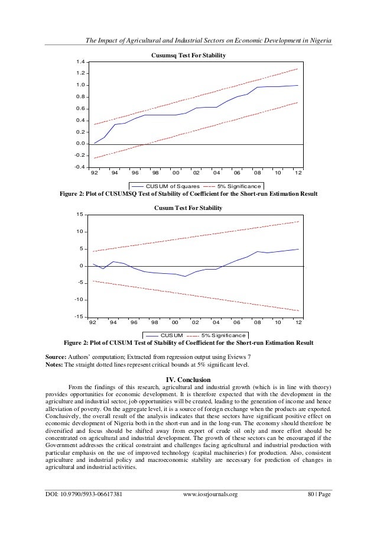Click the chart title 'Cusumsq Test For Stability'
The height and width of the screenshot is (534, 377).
[x=189, y=55]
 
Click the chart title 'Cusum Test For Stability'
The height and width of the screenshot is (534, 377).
[x=189, y=208]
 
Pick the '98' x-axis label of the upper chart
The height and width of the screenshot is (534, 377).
[x=155, y=173]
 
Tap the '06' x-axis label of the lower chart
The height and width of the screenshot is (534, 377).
[x=236, y=323]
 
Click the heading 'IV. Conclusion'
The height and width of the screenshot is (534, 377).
[x=188, y=380]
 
